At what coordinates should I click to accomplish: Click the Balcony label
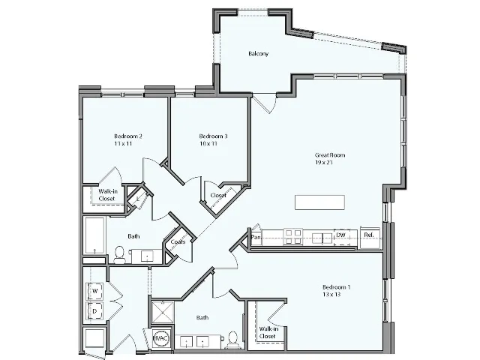258,54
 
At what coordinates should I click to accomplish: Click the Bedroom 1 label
336,287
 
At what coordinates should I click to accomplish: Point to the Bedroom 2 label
128,136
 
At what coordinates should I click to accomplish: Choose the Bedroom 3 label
213,136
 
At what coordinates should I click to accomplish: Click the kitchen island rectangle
319,202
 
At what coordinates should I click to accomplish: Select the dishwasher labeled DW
340,236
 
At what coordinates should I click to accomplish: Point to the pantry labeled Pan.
256,236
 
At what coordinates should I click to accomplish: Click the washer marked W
95,290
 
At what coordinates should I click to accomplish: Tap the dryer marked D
95,310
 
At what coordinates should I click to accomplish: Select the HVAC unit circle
160,338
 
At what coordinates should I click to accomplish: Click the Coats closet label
178,242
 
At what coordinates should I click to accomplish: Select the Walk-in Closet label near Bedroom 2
108,195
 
